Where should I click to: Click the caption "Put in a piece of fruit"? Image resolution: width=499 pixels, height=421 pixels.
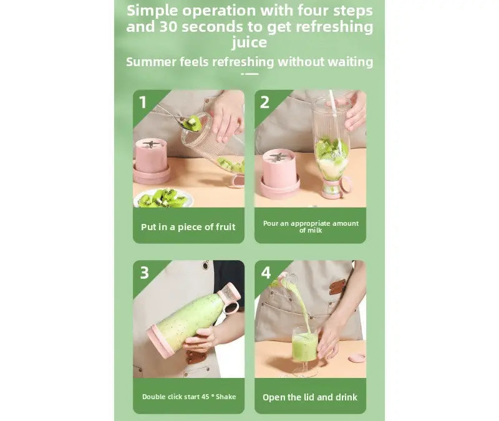(188, 227)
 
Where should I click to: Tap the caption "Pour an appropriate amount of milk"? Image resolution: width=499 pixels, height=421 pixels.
(311, 226)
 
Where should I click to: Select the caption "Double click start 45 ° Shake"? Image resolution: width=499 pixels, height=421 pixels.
(189, 397)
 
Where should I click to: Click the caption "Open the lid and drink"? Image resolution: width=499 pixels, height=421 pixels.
(310, 397)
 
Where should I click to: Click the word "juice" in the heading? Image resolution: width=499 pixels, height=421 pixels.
(249, 42)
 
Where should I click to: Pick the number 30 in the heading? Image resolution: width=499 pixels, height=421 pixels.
(168, 26)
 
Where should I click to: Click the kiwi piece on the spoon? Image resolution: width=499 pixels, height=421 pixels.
(192, 123)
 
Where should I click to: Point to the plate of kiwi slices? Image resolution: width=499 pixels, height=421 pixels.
(163, 198)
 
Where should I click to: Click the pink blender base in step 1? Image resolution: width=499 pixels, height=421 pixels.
(151, 162)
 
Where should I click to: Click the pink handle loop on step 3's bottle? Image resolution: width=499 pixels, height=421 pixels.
(232, 307)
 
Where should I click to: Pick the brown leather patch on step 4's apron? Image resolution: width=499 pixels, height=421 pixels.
(337, 287)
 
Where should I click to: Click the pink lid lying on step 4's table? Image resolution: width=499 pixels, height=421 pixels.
(357, 358)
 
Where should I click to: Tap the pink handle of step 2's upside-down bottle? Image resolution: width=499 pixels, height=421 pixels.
(346, 185)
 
